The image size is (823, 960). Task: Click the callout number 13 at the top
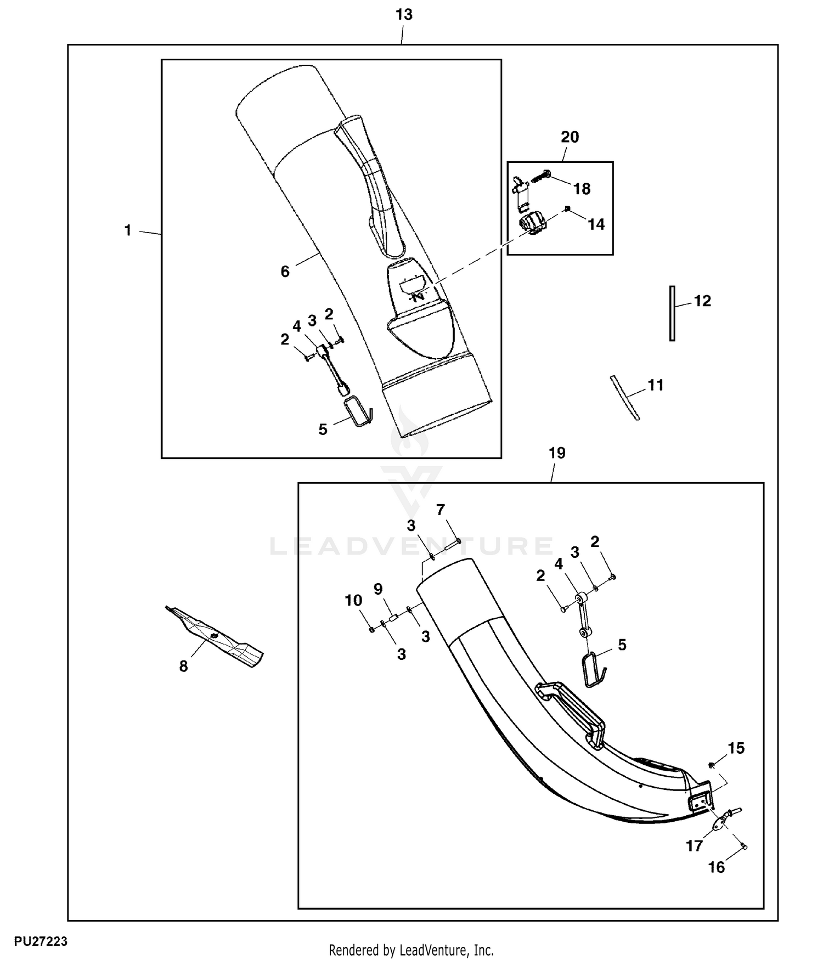(404, 15)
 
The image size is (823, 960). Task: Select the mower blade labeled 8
(215, 636)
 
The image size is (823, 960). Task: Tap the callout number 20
(570, 137)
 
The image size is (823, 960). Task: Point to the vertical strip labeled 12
(672, 313)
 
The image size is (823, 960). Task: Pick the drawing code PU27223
(41, 941)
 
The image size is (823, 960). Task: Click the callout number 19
(556, 453)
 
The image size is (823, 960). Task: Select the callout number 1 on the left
(128, 230)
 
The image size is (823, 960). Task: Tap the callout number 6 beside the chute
(285, 272)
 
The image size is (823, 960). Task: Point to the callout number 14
(596, 224)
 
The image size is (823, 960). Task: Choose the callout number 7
(440, 510)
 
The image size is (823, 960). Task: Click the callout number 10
(353, 600)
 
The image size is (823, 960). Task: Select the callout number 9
(378, 589)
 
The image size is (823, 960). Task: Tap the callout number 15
(736, 748)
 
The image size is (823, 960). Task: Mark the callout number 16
(716, 867)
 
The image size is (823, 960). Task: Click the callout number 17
(694, 846)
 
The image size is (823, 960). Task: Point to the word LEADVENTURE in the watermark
(411, 546)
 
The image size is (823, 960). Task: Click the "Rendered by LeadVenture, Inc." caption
(411, 950)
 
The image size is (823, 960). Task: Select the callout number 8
(183, 667)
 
